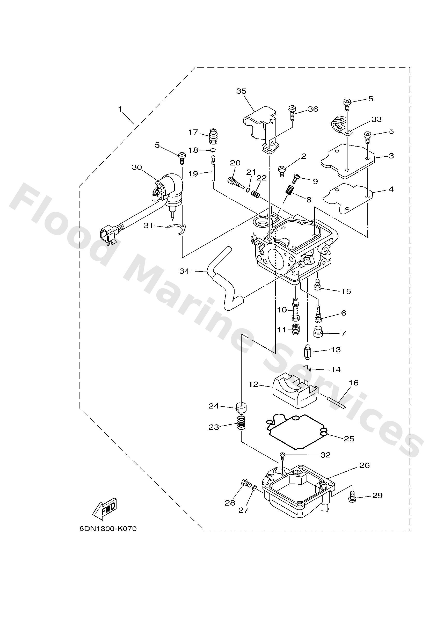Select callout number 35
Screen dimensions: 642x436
click(241, 91)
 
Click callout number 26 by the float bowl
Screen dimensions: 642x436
click(365, 465)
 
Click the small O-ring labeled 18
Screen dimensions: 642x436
click(213, 150)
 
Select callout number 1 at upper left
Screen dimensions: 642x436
click(120, 110)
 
